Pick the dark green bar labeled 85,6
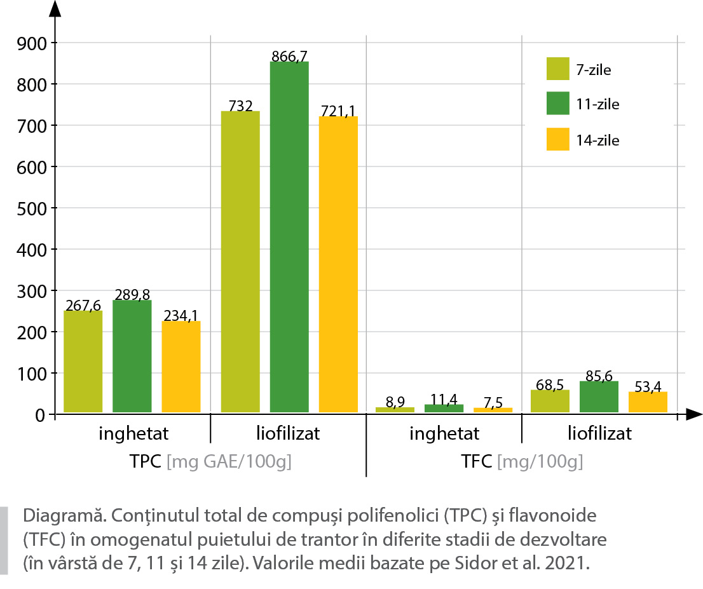(599, 397)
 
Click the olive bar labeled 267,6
(83, 362)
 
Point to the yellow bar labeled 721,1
(338, 264)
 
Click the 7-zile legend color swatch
(557, 69)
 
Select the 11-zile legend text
(597, 104)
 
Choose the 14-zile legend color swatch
(557, 139)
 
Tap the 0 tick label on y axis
(39, 416)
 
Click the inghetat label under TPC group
(133, 434)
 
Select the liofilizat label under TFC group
(599, 434)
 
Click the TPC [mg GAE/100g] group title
(210, 462)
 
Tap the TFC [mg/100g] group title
(522, 462)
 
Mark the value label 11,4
(444, 399)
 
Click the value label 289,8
(132, 295)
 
